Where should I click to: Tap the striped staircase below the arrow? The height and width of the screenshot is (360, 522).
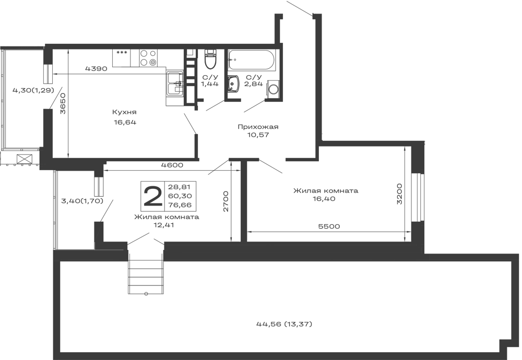[146, 277]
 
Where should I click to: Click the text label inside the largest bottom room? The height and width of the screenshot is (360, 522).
[284, 325]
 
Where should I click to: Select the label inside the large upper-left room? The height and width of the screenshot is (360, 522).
[124, 116]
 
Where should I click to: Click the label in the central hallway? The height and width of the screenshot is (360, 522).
[258, 130]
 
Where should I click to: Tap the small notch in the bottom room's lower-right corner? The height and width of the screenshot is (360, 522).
[502, 345]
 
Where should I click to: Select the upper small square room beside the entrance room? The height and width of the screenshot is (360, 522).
[75, 183]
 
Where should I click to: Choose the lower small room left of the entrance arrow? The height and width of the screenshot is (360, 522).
[75, 224]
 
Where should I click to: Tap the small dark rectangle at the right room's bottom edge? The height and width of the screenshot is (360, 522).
[329, 225]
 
